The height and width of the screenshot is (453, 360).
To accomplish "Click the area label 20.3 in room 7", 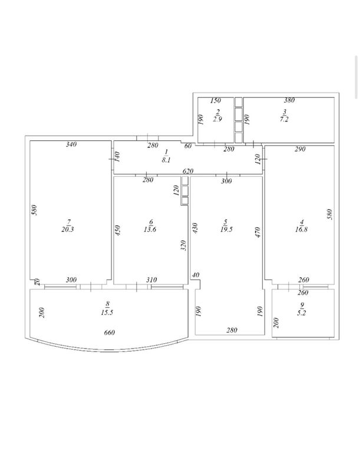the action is [68, 229].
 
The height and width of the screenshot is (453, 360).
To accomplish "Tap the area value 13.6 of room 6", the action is [150, 229].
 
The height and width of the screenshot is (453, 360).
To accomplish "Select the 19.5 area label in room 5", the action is [226, 229].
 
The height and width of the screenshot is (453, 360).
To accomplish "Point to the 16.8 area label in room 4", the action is [302, 229].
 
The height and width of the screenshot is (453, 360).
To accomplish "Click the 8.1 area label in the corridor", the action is [166, 159].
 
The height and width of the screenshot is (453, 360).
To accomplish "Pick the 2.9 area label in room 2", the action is [217, 119].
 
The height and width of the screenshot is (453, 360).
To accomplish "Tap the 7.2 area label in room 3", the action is [284, 119].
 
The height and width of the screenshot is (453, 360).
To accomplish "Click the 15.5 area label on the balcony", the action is [107, 312].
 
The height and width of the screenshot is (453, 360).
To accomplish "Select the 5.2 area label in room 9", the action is [302, 313].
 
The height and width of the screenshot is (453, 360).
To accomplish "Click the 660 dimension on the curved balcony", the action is [110, 333].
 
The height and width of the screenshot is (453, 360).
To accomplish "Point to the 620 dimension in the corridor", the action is [187, 171].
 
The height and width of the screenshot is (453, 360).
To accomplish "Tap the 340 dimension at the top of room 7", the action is [71, 144].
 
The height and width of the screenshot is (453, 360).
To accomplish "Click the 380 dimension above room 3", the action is [289, 100].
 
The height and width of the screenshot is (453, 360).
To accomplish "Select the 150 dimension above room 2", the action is [216, 100].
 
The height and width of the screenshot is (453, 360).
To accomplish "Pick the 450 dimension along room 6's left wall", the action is [117, 231].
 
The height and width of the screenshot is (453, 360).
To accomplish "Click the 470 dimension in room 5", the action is [258, 232].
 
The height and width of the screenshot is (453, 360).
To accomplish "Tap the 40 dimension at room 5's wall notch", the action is [196, 275].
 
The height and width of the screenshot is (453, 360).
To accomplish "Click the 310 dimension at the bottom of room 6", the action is [151, 280].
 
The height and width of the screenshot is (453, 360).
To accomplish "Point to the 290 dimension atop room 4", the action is [300, 149].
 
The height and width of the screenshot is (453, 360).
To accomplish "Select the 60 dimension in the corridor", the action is [187, 146].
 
